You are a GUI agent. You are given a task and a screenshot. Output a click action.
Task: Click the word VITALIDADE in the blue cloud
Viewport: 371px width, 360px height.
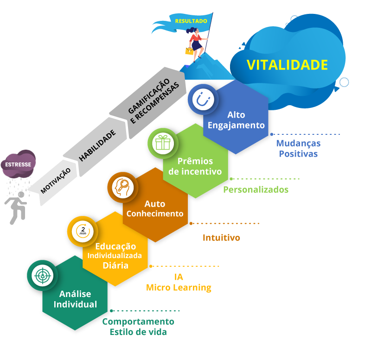pos(287,65)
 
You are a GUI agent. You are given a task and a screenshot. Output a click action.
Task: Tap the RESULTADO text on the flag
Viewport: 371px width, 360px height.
pos(191,21)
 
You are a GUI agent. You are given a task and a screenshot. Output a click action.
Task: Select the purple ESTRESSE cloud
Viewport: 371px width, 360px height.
pos(18,164)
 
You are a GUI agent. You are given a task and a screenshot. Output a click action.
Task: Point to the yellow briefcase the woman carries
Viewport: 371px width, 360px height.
pos(189,51)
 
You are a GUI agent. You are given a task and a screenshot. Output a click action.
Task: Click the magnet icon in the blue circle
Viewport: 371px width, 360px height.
pos(203,100)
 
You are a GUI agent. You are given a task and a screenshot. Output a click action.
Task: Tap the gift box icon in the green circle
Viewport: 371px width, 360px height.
pos(163,143)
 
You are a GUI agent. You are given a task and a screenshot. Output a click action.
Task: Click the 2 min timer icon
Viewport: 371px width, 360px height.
pos(83,231)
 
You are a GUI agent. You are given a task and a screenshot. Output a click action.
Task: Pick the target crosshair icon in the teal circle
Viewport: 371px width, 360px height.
pos(43,276)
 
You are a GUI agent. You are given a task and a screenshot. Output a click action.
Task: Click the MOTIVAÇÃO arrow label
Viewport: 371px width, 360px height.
pos(55,181)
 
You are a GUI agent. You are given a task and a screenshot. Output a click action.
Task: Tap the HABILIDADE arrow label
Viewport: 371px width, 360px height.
pos(97,145)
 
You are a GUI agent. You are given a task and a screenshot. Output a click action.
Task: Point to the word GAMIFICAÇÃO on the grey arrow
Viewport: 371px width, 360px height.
pos(149,96)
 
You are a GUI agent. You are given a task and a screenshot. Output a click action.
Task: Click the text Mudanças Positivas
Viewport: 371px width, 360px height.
pos(298,148)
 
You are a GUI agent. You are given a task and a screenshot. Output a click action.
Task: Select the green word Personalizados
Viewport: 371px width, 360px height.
pos(256,189)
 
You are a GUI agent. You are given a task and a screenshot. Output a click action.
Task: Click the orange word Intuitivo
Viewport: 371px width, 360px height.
pos(221,238)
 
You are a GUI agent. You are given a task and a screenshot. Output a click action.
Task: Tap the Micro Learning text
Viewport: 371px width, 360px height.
pos(179,287)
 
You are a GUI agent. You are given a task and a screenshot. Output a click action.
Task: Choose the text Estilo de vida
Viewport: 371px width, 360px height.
pos(138,332)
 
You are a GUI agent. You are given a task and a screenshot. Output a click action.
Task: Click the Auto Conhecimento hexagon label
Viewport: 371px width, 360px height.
pos(155,208)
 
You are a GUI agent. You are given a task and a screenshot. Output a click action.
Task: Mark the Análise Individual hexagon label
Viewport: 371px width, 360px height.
pos(75,299)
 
